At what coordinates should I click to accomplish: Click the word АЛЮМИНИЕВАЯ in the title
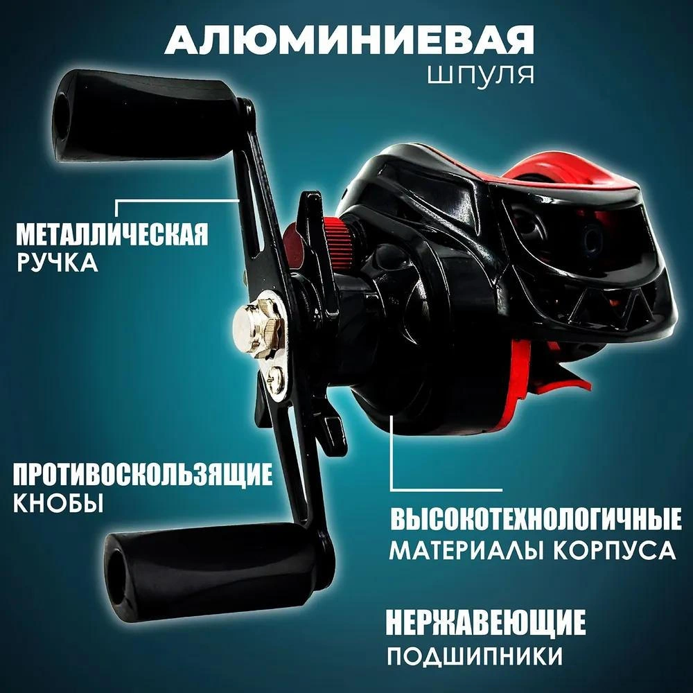349,44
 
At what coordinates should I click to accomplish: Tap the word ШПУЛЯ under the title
482,74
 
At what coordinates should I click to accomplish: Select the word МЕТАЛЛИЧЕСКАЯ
112,234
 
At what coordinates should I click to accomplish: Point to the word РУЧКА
57,263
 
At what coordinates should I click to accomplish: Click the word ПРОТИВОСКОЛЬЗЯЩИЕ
142,475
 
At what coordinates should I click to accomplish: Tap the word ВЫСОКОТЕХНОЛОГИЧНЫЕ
533,521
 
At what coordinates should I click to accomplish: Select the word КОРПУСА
610,550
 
